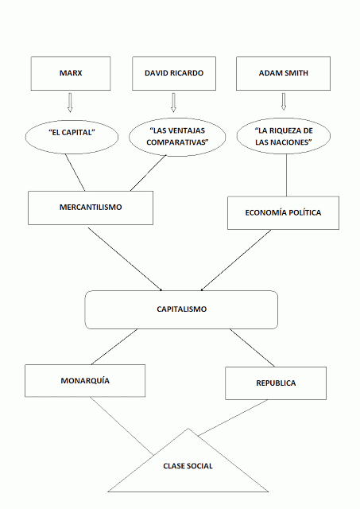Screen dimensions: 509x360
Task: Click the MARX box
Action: [70, 72]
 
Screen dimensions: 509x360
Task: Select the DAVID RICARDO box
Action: [174, 72]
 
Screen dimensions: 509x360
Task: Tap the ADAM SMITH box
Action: [283, 72]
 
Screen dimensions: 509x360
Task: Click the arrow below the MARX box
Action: [69, 103]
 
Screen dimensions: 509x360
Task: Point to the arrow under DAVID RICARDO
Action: [173, 103]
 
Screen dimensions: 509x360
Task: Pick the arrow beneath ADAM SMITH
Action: [283, 103]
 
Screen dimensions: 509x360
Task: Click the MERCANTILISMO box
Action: [90, 207]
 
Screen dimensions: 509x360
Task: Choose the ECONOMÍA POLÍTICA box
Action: [284, 212]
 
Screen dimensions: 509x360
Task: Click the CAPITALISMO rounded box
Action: [181, 309]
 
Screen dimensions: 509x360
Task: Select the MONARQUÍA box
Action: [85, 380]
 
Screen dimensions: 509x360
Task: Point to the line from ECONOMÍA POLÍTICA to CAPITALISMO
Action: [243, 259]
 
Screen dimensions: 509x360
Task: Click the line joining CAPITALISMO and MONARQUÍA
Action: [116, 346]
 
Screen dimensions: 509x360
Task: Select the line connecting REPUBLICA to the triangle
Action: [235, 418]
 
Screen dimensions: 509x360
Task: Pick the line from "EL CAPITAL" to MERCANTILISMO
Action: [75, 171]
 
